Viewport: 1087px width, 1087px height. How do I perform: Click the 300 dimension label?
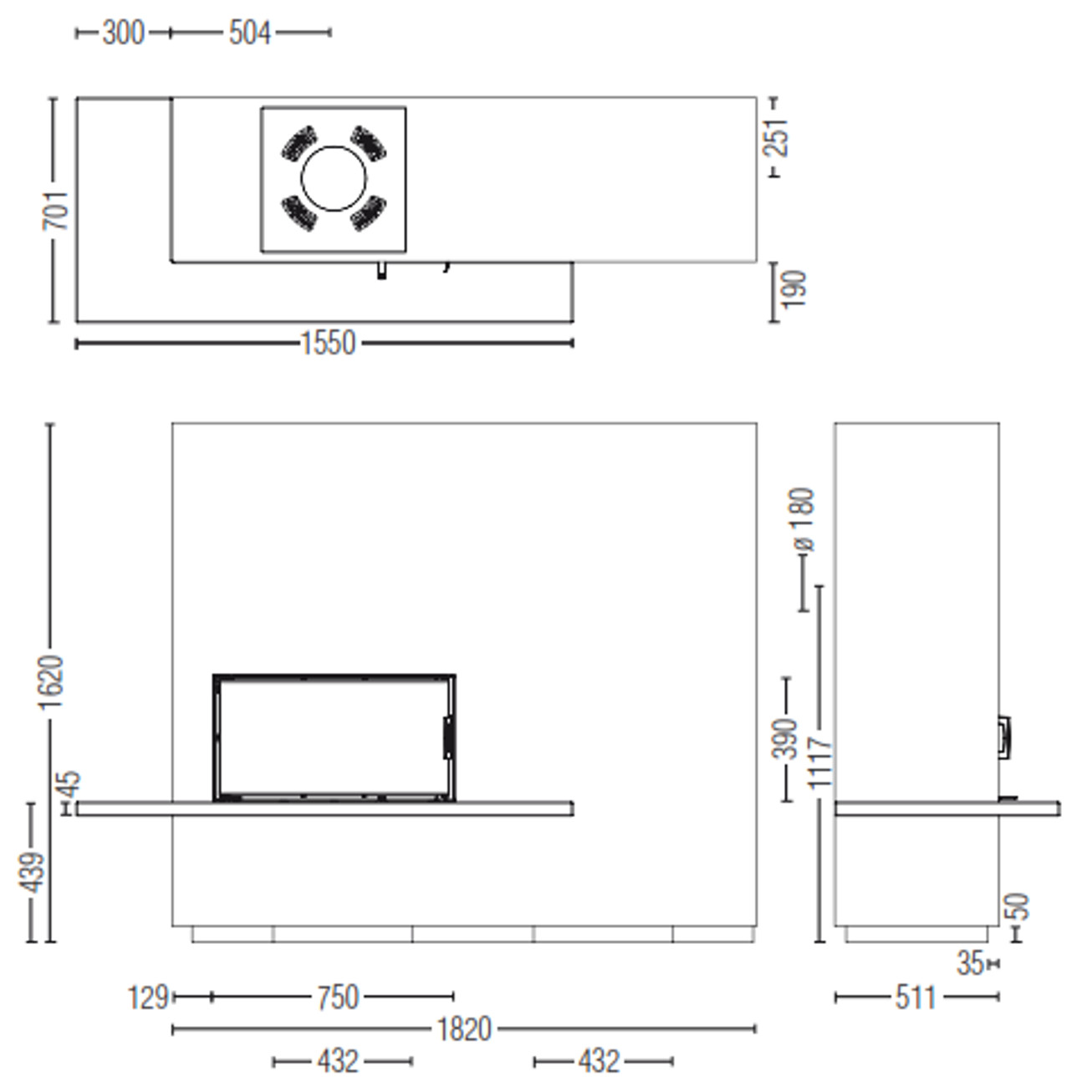point(124,33)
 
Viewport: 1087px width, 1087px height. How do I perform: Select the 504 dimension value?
point(250,33)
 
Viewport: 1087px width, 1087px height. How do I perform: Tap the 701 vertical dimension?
point(56,211)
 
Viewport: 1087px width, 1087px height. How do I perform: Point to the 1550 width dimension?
point(328,343)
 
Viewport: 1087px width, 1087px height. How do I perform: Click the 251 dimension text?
point(776,137)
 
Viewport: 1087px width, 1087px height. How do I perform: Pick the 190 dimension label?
point(794,289)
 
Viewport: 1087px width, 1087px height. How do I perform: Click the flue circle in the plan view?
point(334,179)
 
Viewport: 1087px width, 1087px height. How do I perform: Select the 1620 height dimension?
point(52,682)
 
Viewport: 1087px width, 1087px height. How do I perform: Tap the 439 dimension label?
point(32,873)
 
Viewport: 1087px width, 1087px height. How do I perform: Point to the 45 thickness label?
point(70,784)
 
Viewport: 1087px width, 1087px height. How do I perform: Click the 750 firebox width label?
point(338,997)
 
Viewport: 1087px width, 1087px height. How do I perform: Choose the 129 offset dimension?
point(148,997)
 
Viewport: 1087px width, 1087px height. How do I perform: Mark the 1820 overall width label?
point(465,1029)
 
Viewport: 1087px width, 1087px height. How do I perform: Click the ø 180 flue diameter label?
point(802,519)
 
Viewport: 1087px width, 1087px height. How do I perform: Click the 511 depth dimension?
point(916,998)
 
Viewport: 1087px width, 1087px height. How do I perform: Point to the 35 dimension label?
point(970,963)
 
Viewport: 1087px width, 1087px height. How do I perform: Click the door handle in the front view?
point(448,737)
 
